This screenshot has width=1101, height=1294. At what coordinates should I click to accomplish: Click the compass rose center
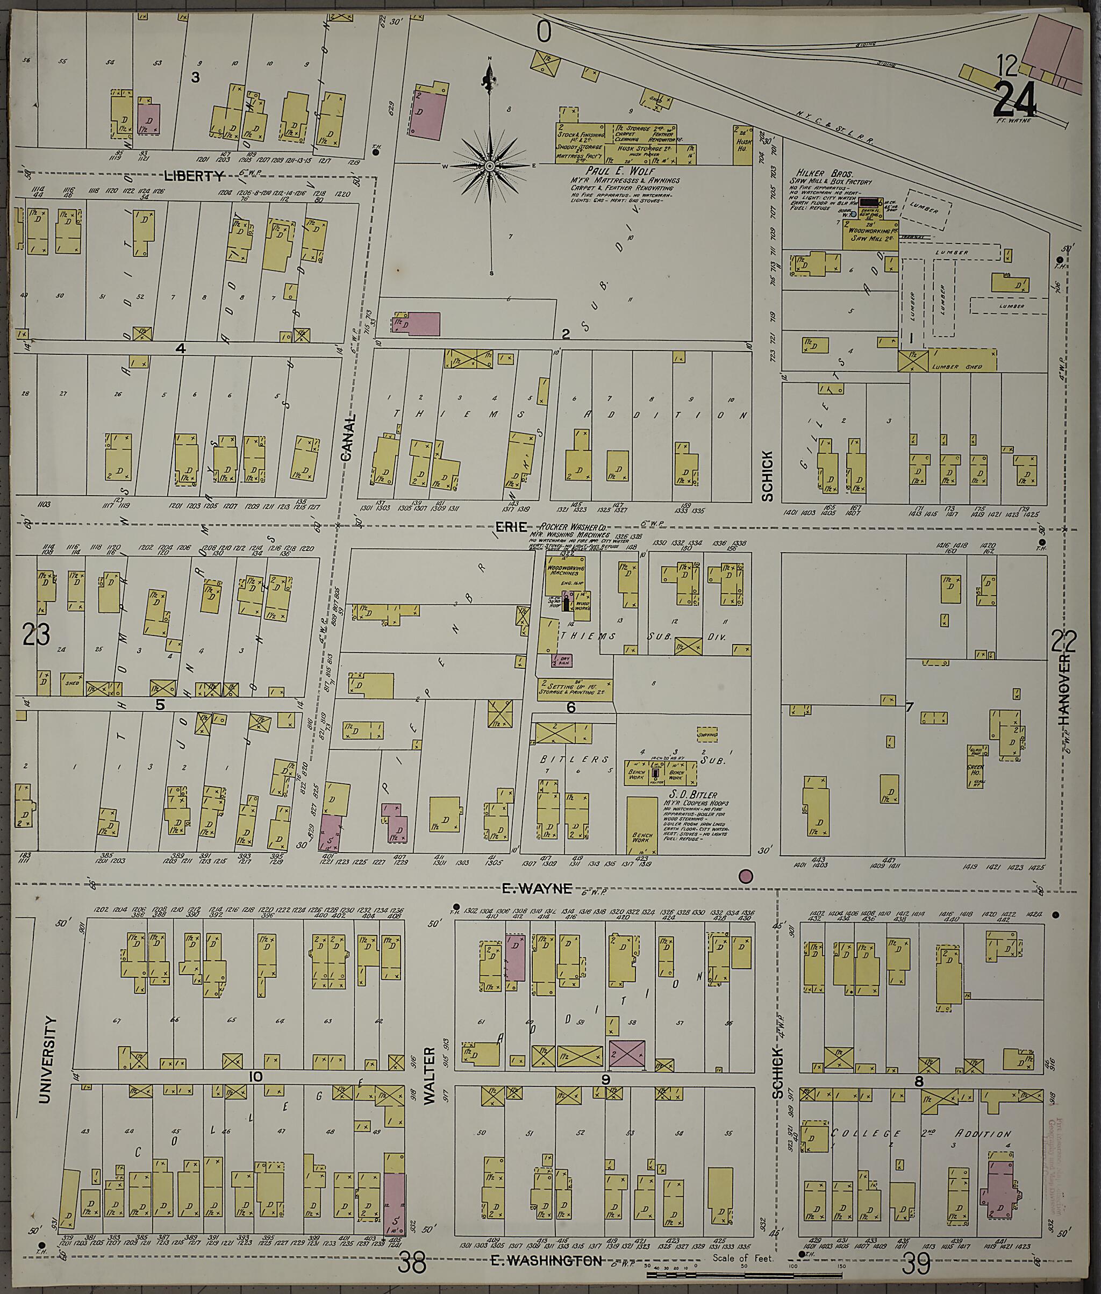click(x=490, y=166)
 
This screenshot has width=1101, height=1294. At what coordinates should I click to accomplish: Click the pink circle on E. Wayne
click(x=745, y=876)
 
